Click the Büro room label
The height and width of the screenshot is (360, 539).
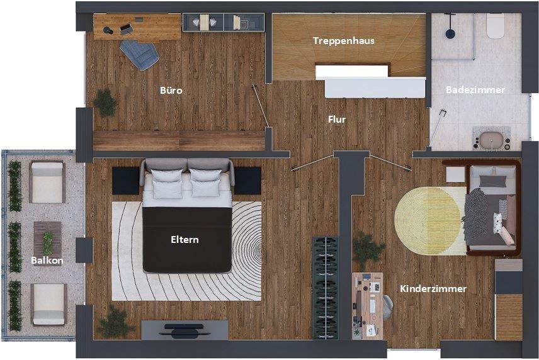171,91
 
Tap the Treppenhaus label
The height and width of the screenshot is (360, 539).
344,41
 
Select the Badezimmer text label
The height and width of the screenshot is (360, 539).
475,90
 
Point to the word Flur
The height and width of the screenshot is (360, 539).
337,118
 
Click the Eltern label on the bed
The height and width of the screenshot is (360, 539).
184,239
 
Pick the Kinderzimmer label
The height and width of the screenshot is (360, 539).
433,289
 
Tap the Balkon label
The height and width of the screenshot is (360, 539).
47,260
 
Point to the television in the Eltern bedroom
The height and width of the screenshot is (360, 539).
184,329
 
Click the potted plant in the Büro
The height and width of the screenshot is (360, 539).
105,102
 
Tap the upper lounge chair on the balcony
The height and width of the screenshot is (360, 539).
47,182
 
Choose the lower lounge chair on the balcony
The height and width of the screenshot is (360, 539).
48,303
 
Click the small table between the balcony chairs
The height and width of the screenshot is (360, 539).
48,240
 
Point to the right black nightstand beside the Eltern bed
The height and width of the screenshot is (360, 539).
247,181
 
